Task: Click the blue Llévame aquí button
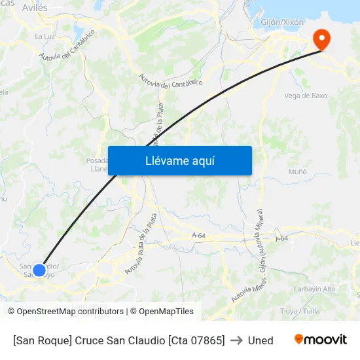tap(179, 160)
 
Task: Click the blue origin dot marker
tap(39, 270)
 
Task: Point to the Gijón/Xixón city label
tap(283, 22)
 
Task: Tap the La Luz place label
tap(45, 36)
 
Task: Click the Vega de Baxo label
tap(305, 96)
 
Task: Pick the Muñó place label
tap(298, 171)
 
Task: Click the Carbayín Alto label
tap(315, 289)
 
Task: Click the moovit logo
tap(320, 340)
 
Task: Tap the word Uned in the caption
tap(261, 340)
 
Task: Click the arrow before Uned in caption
tap(236, 340)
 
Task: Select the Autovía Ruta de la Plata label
tap(140, 243)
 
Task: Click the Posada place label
tap(97, 160)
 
